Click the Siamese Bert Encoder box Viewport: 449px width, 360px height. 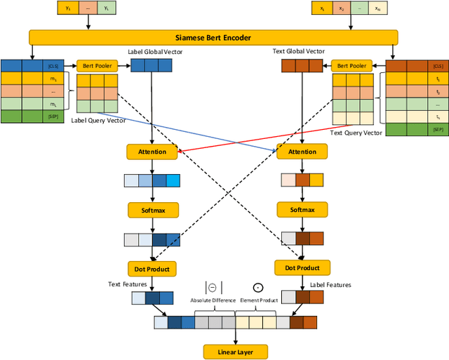point(213,37)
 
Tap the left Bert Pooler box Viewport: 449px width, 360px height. point(97,65)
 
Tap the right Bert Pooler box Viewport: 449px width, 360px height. point(351,65)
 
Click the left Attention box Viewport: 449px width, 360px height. point(152,152)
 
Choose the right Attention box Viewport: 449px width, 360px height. point(302,152)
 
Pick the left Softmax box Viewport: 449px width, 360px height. point(152,210)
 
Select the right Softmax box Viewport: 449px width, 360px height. point(302,210)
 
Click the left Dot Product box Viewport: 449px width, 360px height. point(152,268)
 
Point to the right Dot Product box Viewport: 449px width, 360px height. point(302,268)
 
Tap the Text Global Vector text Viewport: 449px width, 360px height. point(298,51)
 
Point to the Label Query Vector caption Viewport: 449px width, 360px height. point(98,120)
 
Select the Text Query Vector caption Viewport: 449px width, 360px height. point(356,133)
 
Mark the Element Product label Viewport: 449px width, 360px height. point(258,300)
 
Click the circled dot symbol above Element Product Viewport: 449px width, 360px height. point(257,288)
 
